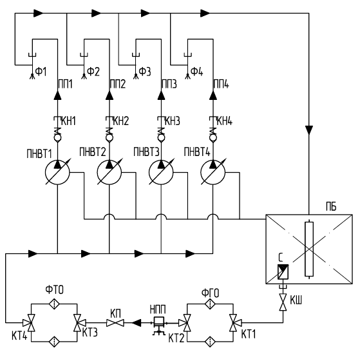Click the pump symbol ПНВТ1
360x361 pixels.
(57, 172)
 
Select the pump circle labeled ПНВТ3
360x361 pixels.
(161, 172)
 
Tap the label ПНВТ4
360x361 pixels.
(197, 151)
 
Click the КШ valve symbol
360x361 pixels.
(283, 302)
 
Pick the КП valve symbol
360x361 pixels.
(115, 322)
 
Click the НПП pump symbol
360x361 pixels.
(158, 325)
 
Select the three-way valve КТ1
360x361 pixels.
(234, 322)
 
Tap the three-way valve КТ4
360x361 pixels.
(30, 322)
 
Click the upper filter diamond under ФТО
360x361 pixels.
(54, 304)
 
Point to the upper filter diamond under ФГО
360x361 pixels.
(210, 304)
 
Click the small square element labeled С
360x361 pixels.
(283, 271)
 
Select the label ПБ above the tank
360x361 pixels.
(331, 207)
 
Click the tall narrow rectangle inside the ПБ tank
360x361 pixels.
(309, 249)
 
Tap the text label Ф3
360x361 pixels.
(145, 72)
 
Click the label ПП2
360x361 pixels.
(118, 84)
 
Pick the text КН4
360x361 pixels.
(224, 121)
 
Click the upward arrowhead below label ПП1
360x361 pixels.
(57, 95)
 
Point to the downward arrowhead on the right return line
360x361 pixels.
(309, 130)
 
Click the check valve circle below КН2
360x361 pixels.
(109, 138)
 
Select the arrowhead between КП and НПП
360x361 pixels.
(136, 322)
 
